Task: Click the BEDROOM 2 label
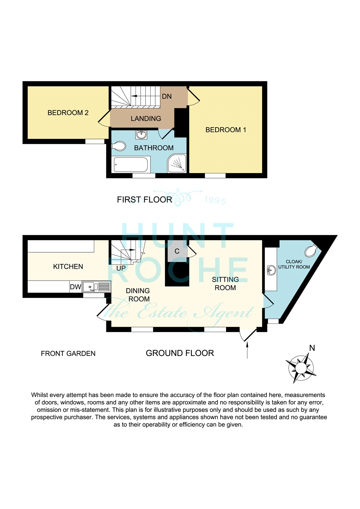pyautogui.click(x=68, y=113)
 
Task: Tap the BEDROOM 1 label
pyautogui.click(x=226, y=130)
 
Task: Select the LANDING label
pyautogui.click(x=146, y=118)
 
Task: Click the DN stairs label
pyautogui.click(x=167, y=96)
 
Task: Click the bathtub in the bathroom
pyautogui.click(x=131, y=164)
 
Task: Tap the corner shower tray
pyautogui.click(x=177, y=164)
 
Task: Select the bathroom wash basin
pyautogui.click(x=141, y=135)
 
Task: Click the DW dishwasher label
pyautogui.click(x=75, y=287)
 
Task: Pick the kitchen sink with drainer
pyautogui.click(x=96, y=287)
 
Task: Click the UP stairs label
pyautogui.click(x=121, y=268)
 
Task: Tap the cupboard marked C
pyautogui.click(x=177, y=251)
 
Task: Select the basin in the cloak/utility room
pyautogui.click(x=271, y=270)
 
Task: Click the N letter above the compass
pyautogui.click(x=312, y=348)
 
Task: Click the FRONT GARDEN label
pyautogui.click(x=68, y=353)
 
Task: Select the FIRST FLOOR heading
pyautogui.click(x=145, y=199)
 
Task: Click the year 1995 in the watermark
pyautogui.click(x=215, y=200)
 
